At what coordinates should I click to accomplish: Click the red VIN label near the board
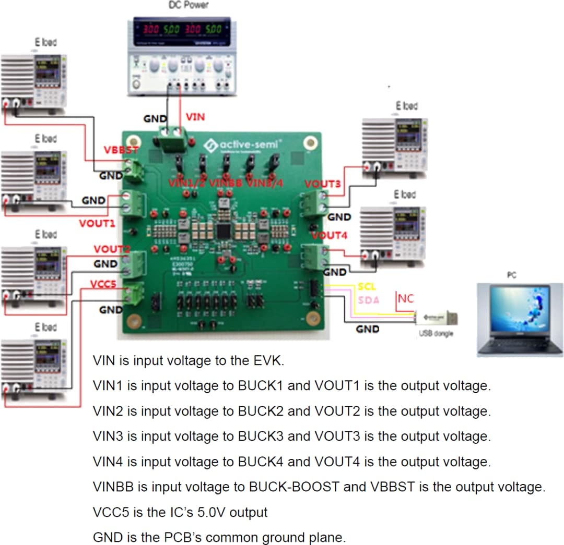pos(195,117)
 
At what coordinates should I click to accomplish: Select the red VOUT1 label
pos(97,223)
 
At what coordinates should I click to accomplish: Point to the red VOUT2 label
pos(111,249)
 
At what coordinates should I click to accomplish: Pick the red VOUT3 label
pos(322,184)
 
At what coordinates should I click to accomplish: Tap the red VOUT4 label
pos(329,235)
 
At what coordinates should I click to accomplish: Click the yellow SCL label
pos(367,287)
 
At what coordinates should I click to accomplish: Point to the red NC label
pos(406,299)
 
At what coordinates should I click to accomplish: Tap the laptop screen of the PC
pos(519,310)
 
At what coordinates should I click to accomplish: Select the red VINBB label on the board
pos(226,183)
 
